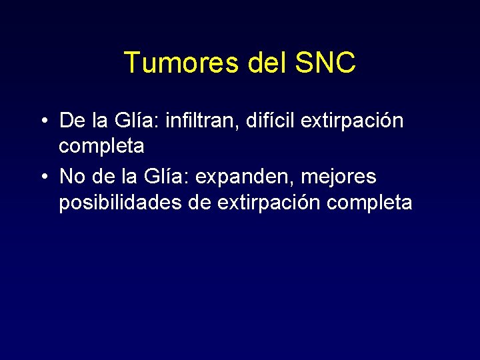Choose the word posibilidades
[x=120, y=202]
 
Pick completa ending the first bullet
[x=101, y=146]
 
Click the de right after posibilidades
[x=200, y=202]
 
